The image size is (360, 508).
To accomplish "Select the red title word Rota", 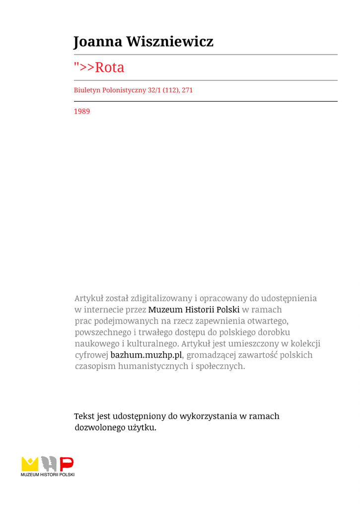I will pos(109,67).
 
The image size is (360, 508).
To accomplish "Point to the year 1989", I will pos(82,112).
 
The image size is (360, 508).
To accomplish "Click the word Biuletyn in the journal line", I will pos(87,90).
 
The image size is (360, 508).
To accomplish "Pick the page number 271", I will pos(187,90).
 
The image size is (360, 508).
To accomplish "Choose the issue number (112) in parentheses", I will pos(168,90).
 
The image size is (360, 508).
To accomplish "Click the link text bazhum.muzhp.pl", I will pos(146,355).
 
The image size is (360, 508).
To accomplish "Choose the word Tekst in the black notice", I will pos(84,416).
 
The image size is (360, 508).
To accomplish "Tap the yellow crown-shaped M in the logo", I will pos(30,463).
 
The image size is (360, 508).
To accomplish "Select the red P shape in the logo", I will pos(67,463).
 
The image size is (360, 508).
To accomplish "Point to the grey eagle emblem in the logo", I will pos(48,463).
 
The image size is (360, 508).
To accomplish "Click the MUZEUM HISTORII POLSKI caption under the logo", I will pos(48,475).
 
